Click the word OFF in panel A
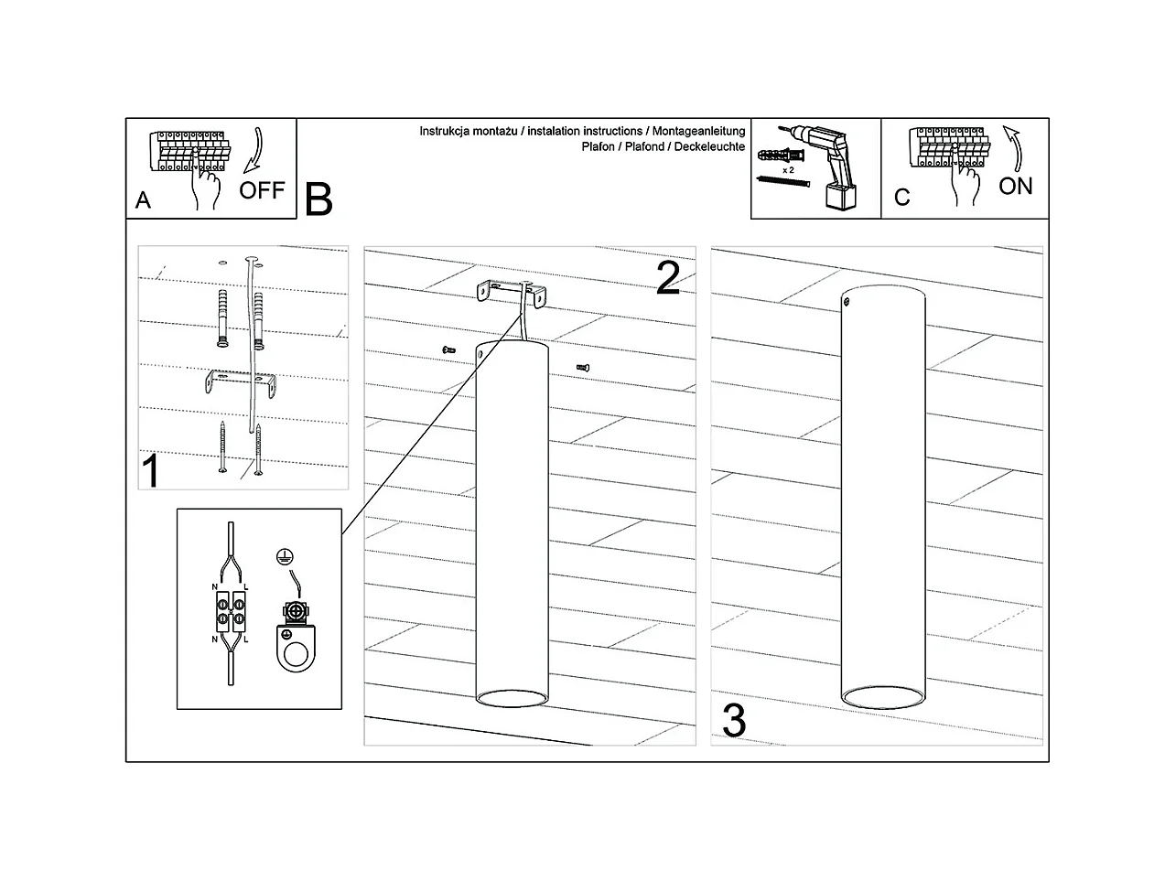pyautogui.click(x=262, y=190)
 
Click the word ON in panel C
pyautogui.click(x=1015, y=186)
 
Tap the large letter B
pyautogui.click(x=318, y=199)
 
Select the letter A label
pyautogui.click(x=143, y=200)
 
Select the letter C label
pyautogui.click(x=901, y=198)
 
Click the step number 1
pyautogui.click(x=151, y=472)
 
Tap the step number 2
pyautogui.click(x=668, y=279)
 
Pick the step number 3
pyautogui.click(x=734, y=720)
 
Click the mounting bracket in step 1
pyautogui.click(x=241, y=382)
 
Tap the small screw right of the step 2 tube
pyautogui.click(x=583, y=367)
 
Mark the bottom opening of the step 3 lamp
pyautogui.click(x=882, y=698)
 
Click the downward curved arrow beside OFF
pyautogui.click(x=254, y=151)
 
